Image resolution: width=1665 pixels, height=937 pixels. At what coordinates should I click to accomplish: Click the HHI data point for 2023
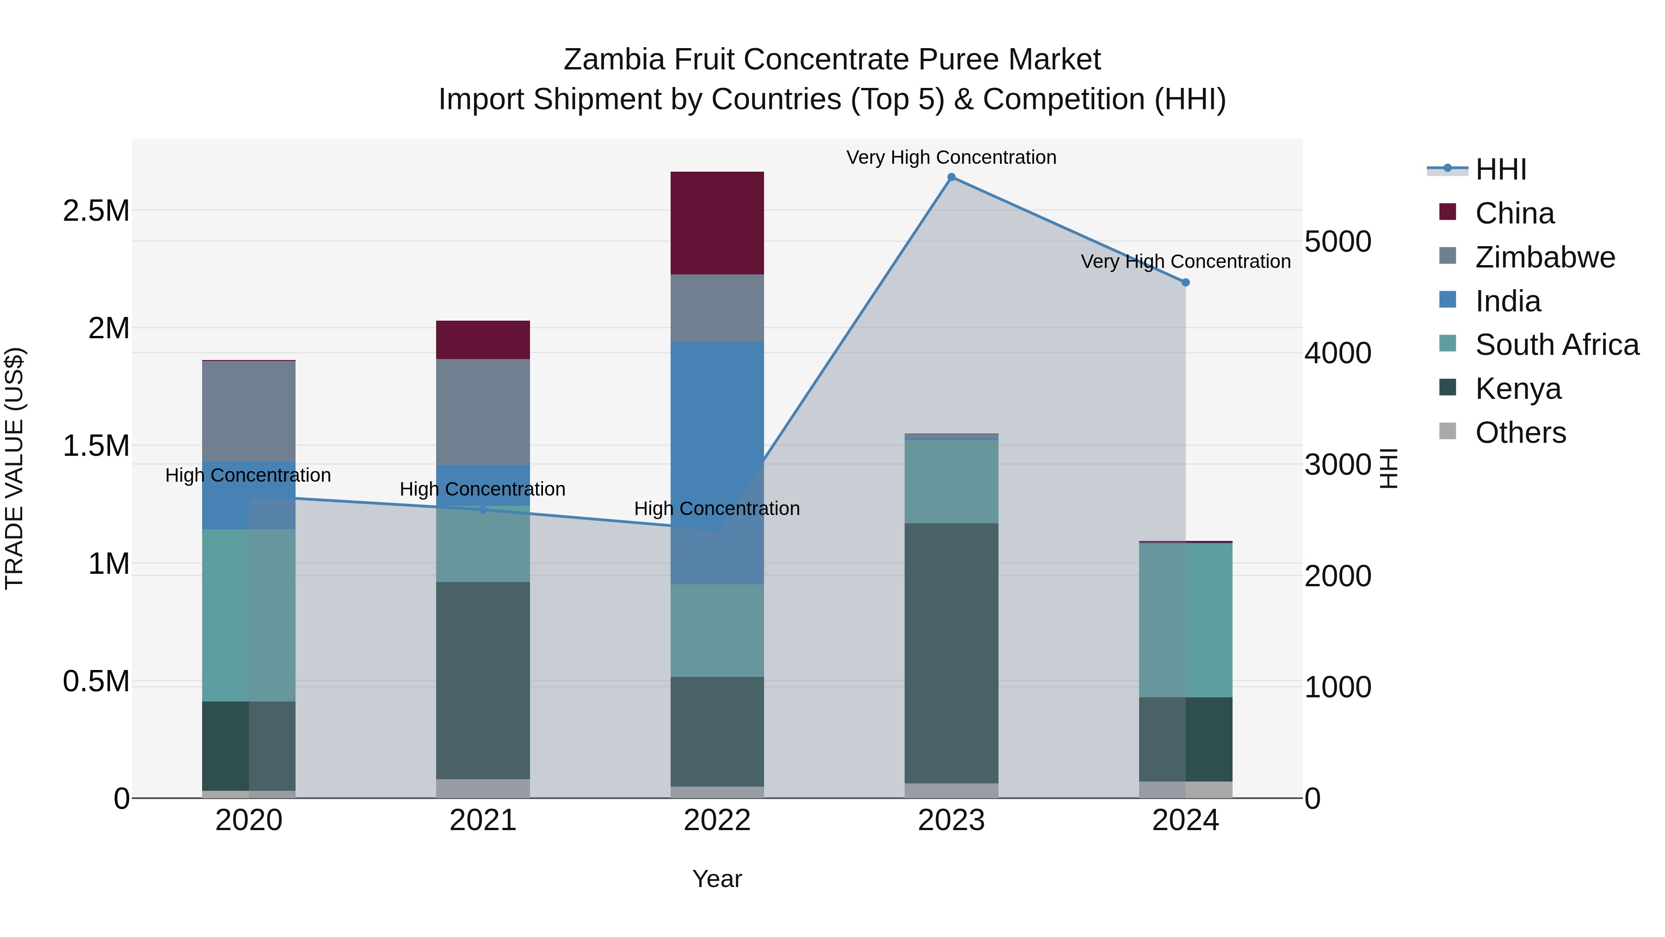(x=951, y=177)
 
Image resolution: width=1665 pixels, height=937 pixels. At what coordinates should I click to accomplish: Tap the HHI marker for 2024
(x=1185, y=283)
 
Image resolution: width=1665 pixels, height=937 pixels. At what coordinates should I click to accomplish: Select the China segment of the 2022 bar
(x=717, y=223)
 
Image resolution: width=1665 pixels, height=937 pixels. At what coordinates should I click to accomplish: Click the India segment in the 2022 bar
(x=717, y=462)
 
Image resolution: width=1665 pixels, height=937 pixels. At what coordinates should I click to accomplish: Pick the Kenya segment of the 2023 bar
(x=951, y=653)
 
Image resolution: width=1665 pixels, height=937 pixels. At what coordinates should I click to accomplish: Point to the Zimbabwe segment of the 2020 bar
(x=249, y=411)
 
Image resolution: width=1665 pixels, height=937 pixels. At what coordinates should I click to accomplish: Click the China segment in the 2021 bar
(x=483, y=340)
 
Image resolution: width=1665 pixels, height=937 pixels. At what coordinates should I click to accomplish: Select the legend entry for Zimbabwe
(x=1545, y=257)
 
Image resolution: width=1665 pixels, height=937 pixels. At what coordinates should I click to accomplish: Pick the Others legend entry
(x=1520, y=433)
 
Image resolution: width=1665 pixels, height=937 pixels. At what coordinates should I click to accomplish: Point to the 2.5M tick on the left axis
(x=96, y=211)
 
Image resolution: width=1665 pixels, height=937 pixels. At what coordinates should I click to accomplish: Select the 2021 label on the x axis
(x=483, y=820)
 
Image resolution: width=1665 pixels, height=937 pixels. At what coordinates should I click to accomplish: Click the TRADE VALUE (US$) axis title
(x=14, y=468)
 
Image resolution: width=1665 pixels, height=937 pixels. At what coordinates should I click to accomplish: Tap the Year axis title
(x=717, y=879)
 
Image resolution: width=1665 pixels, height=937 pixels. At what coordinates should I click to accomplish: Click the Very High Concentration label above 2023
(x=951, y=157)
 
